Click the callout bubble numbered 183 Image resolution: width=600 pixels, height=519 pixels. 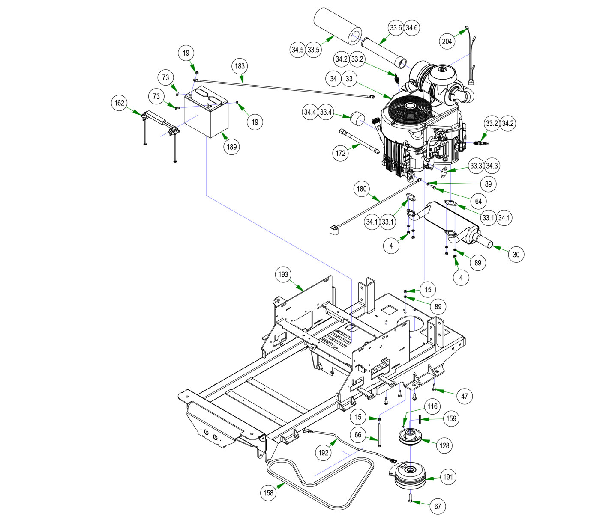pos(240,66)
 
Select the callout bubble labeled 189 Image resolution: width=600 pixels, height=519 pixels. pos(231,147)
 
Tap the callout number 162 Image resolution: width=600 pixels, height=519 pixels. pos(119,103)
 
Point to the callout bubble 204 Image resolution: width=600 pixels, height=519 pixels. pos(447,42)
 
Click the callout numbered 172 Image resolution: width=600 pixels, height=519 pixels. pos(341,153)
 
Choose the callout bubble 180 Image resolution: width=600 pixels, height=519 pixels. pos(362,189)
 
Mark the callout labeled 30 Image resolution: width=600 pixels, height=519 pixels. pos(516,255)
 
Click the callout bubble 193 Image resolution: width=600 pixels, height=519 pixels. pos(283,274)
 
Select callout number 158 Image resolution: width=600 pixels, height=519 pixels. pos(268,493)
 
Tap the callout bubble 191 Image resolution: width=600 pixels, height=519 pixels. pos(448,477)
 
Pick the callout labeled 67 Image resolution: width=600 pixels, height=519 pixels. pos(438,507)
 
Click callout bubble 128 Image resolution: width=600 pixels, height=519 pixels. pos(445,445)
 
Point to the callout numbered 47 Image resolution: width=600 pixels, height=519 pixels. pos(465,396)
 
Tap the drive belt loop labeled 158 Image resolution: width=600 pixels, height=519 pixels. pos(317,483)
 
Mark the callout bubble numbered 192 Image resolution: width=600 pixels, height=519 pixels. pos(324,453)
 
